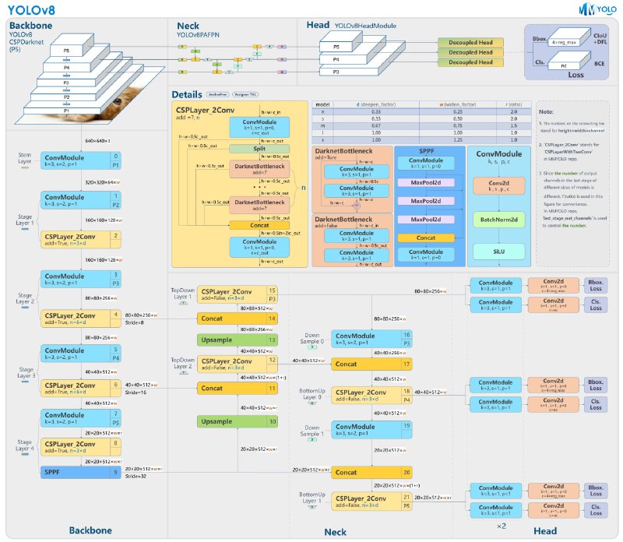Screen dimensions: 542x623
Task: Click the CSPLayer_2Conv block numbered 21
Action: [371, 501]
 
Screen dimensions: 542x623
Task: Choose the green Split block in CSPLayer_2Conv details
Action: [259, 148]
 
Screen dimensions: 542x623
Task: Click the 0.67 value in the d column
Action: [357, 125]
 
